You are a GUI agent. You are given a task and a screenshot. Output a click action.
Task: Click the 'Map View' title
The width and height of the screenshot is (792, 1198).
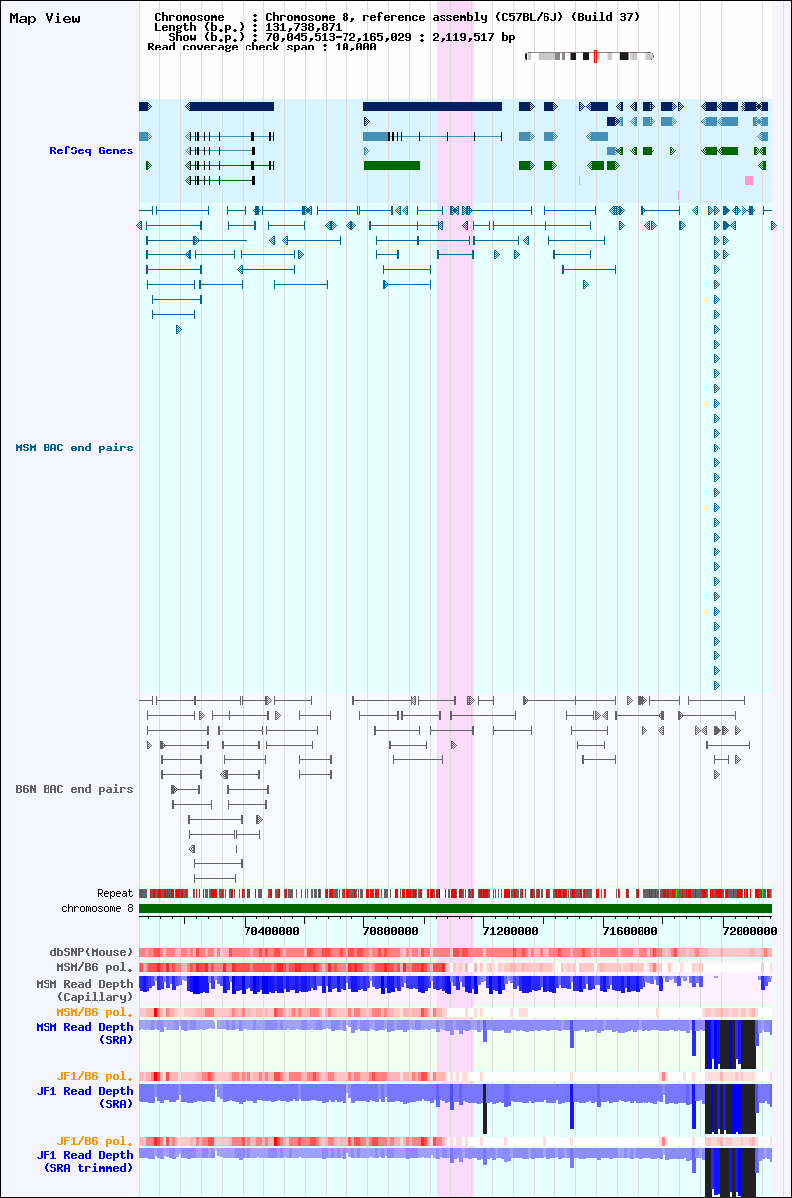[x=45, y=18]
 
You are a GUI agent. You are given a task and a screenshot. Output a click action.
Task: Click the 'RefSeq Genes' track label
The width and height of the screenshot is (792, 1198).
[x=91, y=150]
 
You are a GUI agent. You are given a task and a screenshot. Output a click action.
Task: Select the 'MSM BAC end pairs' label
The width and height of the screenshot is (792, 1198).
[x=74, y=448]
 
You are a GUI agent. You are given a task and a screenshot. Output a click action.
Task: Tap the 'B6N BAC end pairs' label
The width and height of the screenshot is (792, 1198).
[x=74, y=789]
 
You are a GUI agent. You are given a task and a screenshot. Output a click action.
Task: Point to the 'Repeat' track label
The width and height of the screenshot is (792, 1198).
[x=115, y=893]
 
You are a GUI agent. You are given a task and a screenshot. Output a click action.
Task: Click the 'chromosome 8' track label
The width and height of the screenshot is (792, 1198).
[x=97, y=908]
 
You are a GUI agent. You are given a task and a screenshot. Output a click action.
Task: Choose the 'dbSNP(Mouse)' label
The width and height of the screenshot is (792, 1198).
[x=91, y=952]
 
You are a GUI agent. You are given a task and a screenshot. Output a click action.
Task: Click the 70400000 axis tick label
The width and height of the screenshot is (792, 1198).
[x=271, y=931]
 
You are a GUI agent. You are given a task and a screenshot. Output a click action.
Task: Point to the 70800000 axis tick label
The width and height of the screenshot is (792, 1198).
[x=390, y=931]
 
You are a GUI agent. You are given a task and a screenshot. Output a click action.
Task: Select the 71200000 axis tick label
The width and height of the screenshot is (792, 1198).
[x=510, y=931]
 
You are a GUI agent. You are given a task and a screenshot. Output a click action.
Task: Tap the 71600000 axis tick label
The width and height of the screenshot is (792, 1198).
[x=630, y=931]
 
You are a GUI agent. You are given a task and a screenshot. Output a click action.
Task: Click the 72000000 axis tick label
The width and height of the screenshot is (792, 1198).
[x=749, y=931]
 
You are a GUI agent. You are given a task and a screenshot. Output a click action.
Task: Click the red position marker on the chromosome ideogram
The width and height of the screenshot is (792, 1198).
[x=595, y=56]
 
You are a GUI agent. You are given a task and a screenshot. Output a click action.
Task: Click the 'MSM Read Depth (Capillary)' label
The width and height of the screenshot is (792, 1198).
[x=84, y=990]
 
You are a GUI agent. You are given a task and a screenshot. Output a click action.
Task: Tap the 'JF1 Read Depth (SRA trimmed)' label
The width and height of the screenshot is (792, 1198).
[x=84, y=1161]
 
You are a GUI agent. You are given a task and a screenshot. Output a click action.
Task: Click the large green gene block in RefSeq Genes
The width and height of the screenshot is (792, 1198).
[x=392, y=165]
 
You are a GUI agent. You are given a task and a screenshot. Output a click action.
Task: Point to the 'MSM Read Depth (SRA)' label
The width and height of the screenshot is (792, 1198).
[x=84, y=1033]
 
